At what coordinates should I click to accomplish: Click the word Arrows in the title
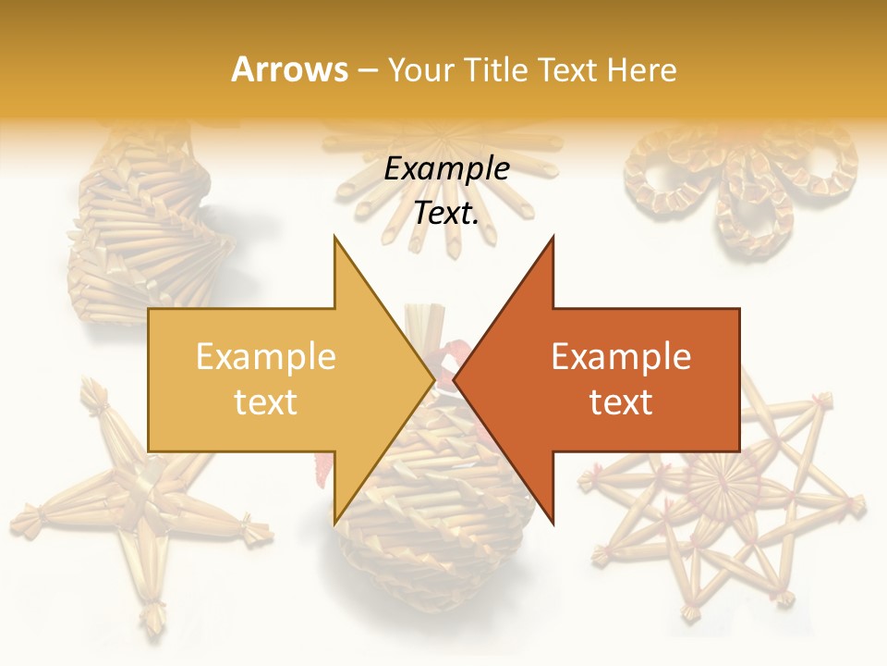tap(289, 69)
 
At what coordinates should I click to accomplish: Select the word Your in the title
tap(419, 70)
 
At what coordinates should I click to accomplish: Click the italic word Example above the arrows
tap(446, 168)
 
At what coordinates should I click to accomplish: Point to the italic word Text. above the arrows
tap(446, 213)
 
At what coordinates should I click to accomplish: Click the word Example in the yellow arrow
tap(265, 356)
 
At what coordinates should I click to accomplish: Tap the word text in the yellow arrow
tap(265, 401)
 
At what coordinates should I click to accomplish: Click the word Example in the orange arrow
tap(621, 356)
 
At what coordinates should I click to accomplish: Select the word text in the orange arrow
tap(621, 401)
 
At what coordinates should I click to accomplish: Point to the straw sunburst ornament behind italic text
tap(443, 157)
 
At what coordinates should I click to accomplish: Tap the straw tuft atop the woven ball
tap(428, 324)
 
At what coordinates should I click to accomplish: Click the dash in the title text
tap(367, 70)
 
